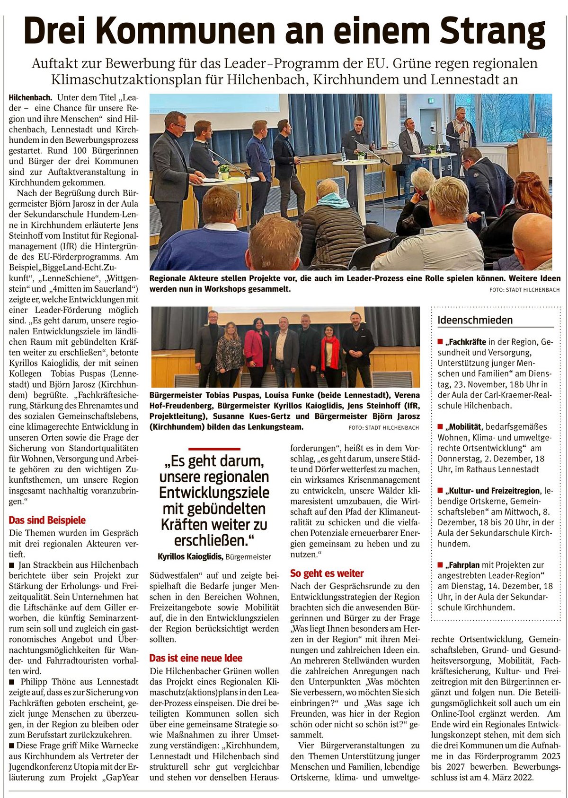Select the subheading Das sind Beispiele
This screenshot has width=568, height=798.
47,520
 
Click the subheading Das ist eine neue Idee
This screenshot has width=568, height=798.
196,658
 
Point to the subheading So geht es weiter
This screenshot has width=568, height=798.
327,573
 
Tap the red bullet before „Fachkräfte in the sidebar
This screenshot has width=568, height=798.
440,341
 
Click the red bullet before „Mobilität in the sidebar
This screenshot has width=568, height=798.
440,427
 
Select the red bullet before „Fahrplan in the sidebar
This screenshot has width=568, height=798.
440,565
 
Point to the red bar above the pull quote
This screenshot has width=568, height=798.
214,449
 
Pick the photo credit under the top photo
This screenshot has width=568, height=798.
524,290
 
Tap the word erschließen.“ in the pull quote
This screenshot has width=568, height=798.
214,540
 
